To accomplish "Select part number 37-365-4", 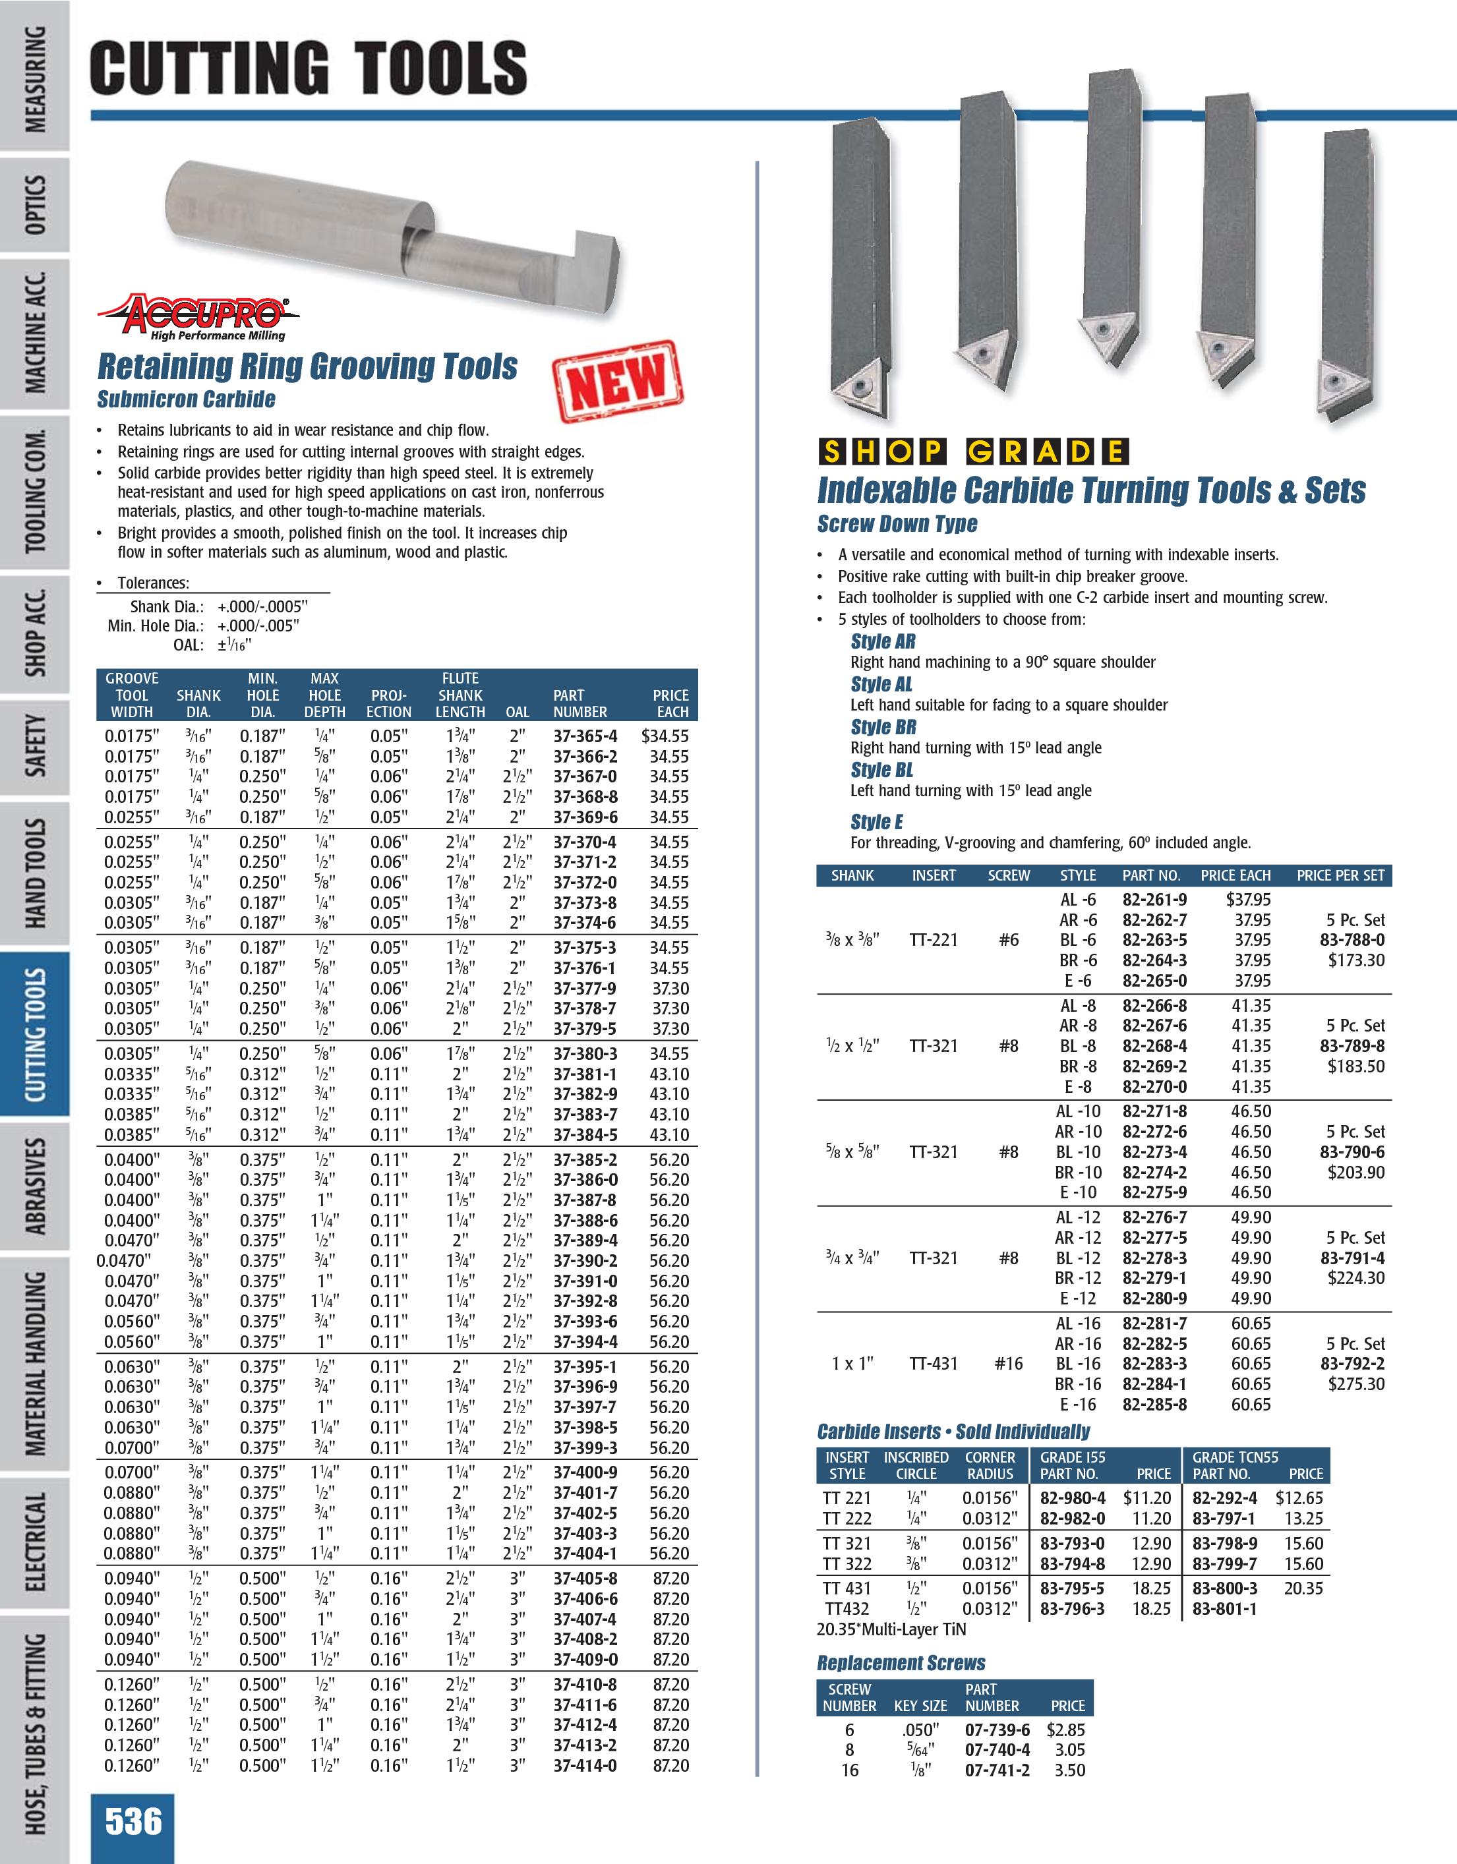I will click(585, 736).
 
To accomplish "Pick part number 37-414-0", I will click(585, 1765).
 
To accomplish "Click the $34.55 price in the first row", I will click(665, 736).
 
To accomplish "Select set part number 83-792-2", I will click(1352, 1364).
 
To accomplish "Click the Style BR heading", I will click(883, 727).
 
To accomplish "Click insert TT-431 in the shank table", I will click(934, 1364).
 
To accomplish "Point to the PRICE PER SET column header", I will click(1340, 876).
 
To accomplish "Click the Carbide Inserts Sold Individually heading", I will click(953, 1432).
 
